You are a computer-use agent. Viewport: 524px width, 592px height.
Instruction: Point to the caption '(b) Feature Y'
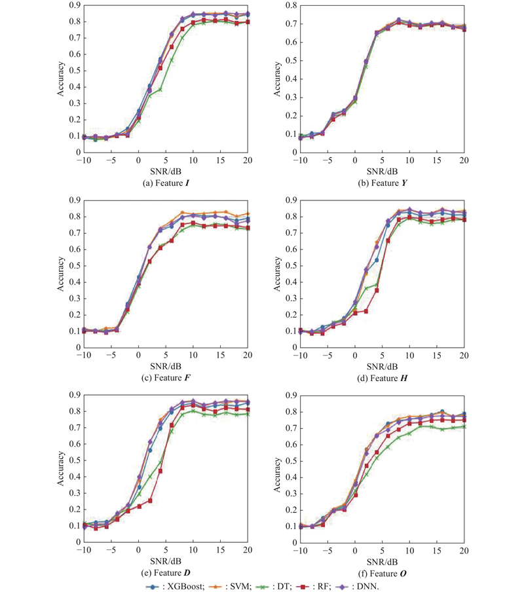(x=381, y=183)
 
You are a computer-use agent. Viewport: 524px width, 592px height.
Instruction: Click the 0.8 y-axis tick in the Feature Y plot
(x=290, y=5)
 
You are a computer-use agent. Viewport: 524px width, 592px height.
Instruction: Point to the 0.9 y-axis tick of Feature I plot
(x=73, y=5)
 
